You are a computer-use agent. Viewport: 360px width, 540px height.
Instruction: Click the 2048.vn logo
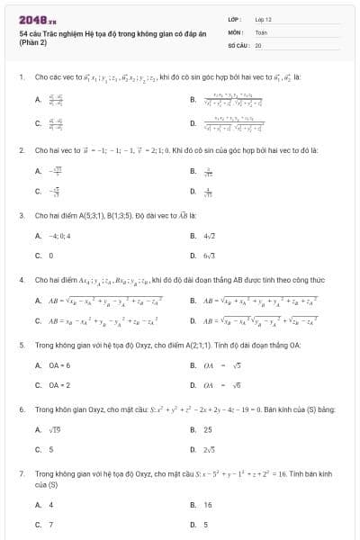coord(32,19)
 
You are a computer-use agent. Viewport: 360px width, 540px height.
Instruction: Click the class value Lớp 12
coord(263,18)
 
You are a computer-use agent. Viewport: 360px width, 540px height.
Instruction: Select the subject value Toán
coord(261,31)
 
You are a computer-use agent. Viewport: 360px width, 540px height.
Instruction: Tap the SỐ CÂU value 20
coord(258,43)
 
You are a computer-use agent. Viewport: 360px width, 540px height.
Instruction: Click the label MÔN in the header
coord(235,31)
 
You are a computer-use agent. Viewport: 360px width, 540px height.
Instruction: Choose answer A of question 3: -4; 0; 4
coord(53,237)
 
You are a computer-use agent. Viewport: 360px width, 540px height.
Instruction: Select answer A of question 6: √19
coord(52,429)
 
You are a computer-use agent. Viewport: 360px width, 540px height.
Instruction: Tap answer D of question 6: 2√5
coord(208,448)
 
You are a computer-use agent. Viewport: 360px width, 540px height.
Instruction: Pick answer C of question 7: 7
coord(50,523)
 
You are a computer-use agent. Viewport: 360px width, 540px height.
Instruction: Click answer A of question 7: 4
coord(50,505)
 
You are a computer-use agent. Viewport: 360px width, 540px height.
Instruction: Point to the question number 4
coord(21,279)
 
